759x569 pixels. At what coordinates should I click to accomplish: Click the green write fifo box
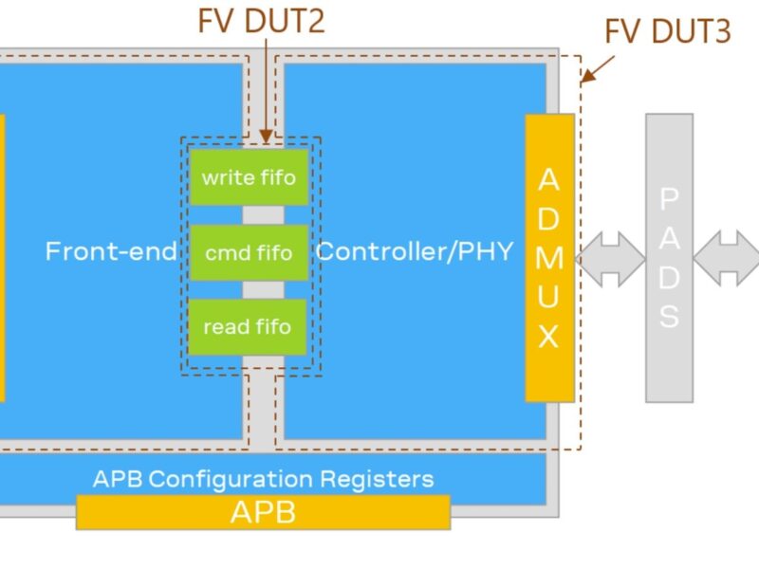pos(249,177)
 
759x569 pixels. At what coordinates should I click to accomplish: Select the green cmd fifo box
pos(249,253)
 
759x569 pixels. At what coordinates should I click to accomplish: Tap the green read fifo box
pos(248,327)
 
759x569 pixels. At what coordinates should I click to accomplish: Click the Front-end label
pos(111,251)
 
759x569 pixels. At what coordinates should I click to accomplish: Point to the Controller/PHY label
pos(415,251)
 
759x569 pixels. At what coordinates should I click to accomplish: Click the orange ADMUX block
pos(549,258)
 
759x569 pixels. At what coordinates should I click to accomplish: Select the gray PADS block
pos(670,258)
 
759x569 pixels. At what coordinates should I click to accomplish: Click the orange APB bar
pos(263,513)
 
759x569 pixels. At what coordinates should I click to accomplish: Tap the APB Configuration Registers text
pos(263,478)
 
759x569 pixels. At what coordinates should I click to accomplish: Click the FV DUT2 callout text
pos(261,21)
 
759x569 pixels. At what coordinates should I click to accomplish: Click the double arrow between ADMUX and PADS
pos(610,258)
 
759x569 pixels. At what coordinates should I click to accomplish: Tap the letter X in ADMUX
pos(548,338)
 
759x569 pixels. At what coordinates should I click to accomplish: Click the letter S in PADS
pos(670,317)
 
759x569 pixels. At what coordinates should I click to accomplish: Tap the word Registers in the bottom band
pos(379,478)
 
